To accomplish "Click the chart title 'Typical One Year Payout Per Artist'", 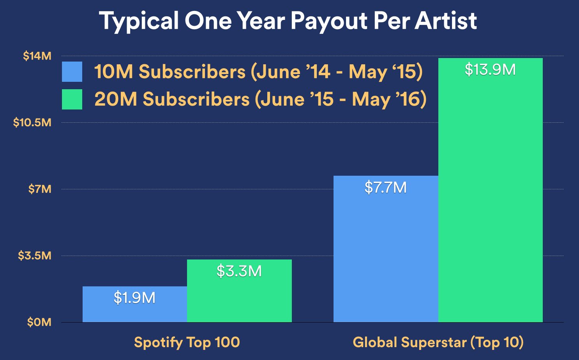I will click(x=288, y=21).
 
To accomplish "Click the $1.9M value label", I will click(x=134, y=298).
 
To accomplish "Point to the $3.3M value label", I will click(x=239, y=271).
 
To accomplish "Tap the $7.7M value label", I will click(x=385, y=188).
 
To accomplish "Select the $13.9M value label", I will click(x=490, y=70).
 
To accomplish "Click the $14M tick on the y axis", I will click(x=37, y=56).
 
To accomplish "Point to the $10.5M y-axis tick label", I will click(x=32, y=123).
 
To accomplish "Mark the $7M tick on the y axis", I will click(x=40, y=189).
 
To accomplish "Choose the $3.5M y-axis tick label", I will click(x=35, y=256).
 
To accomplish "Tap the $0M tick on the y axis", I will click(x=39, y=322).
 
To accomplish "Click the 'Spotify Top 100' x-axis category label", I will click(x=187, y=342).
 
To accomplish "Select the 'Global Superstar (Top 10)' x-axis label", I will click(x=438, y=342).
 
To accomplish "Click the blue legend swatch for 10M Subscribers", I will click(x=72, y=72).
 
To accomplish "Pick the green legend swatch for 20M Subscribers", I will click(x=72, y=99).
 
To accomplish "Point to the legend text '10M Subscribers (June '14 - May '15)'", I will click(x=258, y=72).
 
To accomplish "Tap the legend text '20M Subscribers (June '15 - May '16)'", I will click(x=260, y=99).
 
